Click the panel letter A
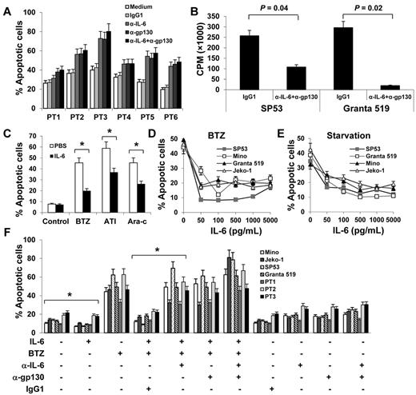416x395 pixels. pos(6,8)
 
